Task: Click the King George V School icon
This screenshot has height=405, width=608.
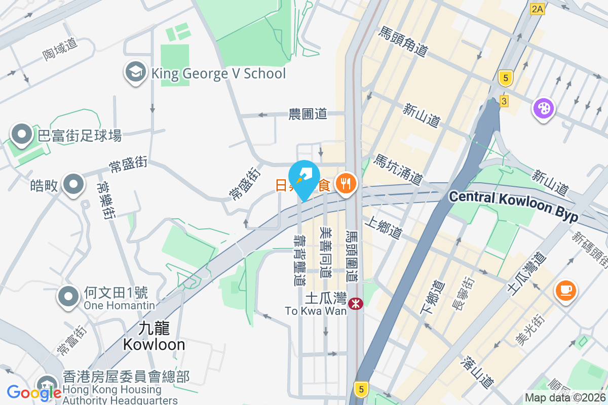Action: point(136,72)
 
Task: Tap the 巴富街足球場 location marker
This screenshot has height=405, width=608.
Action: point(22,135)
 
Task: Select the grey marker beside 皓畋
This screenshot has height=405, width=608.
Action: point(73,185)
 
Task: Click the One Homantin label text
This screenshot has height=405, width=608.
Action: point(119,305)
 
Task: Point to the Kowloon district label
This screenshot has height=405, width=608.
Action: point(154,337)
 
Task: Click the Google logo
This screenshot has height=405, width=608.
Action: point(34,392)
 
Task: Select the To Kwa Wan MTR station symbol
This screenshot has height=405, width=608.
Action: point(357,304)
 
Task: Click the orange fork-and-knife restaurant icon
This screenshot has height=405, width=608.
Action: point(347,183)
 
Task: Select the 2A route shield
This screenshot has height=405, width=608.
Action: point(537,9)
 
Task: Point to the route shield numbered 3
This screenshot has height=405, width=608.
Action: point(503,101)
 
